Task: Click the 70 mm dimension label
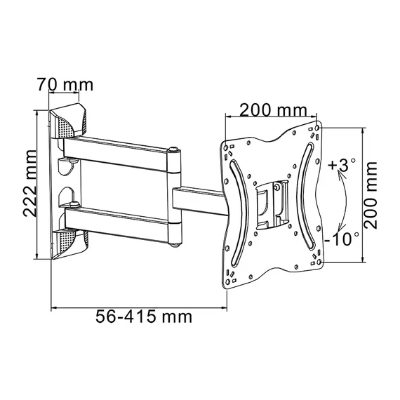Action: [x=65, y=84]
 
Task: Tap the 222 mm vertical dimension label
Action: [x=30, y=183]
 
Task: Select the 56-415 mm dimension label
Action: [x=144, y=316]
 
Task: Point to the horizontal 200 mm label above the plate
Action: [x=274, y=110]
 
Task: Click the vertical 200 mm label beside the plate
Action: [x=371, y=195]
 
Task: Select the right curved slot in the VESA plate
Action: [x=305, y=196]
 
